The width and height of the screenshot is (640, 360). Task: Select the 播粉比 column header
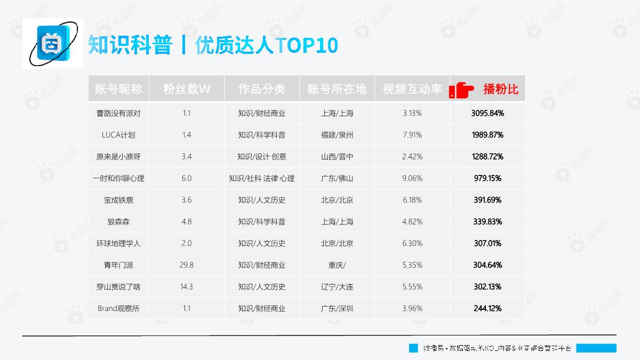(x=500, y=89)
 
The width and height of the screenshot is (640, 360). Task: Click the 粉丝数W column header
(x=186, y=89)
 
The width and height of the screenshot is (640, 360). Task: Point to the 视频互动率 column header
(x=412, y=89)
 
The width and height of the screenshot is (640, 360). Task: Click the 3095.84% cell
(x=487, y=113)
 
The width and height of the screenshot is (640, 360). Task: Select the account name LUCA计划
(x=118, y=135)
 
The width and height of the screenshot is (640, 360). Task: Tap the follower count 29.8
(x=186, y=265)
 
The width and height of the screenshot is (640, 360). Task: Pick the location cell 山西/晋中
(x=337, y=157)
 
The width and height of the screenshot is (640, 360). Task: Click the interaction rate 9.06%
(x=412, y=178)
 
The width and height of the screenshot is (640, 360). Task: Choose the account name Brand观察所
(x=118, y=308)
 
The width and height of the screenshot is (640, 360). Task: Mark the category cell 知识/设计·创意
(x=261, y=157)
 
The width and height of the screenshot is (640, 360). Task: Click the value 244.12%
(x=487, y=308)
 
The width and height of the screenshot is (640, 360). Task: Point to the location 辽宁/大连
(x=337, y=286)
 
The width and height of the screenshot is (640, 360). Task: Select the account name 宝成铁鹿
(x=118, y=200)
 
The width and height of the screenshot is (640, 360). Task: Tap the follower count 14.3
(x=186, y=286)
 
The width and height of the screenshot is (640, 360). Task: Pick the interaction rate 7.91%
(x=412, y=135)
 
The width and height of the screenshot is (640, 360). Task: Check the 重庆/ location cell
(x=337, y=265)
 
